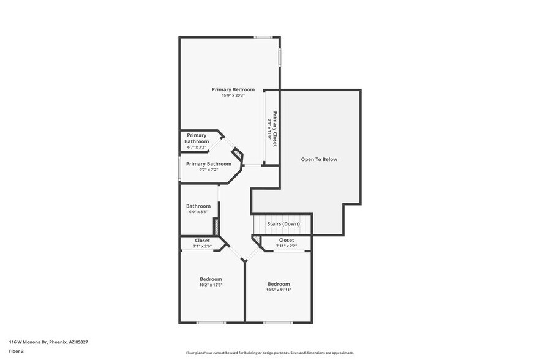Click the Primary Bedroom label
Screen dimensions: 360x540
[233, 89]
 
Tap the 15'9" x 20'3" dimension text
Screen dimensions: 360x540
[233, 96]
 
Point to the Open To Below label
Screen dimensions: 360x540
[319, 159]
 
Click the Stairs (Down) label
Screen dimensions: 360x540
[283, 224]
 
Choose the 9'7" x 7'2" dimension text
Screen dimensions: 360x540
[209, 170]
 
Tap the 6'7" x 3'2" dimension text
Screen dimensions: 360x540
[197, 148]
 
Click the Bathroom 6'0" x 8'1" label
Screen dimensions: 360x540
[198, 206]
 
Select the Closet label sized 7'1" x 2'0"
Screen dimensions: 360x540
[202, 241]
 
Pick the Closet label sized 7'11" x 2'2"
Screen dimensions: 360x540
[287, 240]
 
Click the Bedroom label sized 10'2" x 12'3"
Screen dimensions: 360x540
[211, 279]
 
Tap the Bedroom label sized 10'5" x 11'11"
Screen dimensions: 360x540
[279, 284]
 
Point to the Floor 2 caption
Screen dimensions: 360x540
[16, 351]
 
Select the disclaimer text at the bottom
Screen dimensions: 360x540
[269, 353]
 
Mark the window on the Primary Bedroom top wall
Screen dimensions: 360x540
[264, 37]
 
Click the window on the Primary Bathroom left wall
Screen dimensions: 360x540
[179, 170]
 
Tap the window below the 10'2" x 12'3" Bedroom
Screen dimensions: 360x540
[211, 322]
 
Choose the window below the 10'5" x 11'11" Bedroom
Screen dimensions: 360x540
[278, 322]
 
